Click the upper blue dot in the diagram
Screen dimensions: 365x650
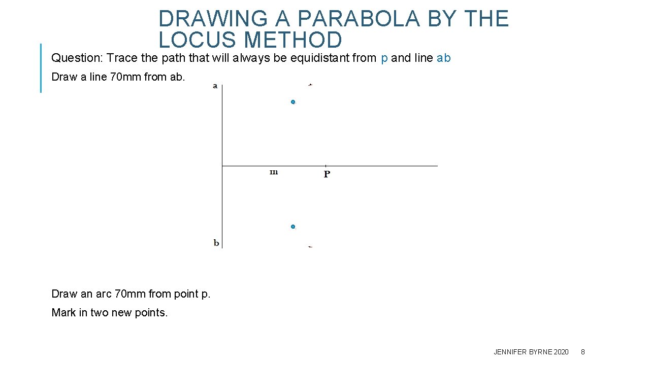coord(293,102)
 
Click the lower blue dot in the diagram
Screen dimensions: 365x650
coord(293,227)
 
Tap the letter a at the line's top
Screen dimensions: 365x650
coord(215,86)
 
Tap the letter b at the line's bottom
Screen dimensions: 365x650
coord(216,243)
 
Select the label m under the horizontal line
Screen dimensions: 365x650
coord(274,172)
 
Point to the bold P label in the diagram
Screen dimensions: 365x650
coord(327,174)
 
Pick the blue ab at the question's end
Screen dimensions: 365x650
coord(443,58)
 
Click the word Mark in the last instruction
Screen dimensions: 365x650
coord(63,313)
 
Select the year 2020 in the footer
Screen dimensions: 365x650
coord(561,352)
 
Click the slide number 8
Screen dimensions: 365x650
coord(583,352)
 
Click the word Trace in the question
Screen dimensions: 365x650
coord(122,58)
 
